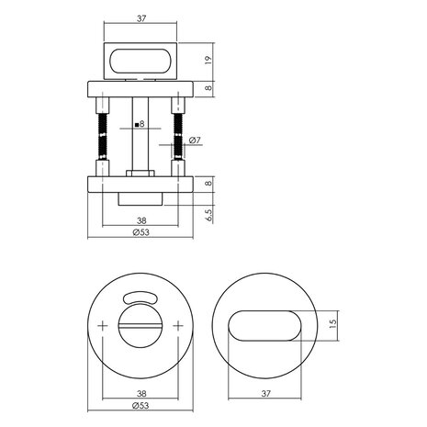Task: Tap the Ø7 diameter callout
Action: tap(196, 140)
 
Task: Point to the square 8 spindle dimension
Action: tap(140, 122)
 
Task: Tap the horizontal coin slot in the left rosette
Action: tap(140, 328)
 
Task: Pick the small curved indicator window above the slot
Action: tap(140, 296)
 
